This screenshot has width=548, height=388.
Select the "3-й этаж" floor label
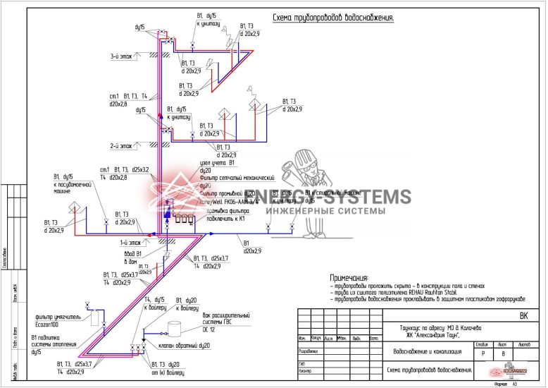(x=121, y=56)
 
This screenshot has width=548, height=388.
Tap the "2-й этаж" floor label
(x=121, y=146)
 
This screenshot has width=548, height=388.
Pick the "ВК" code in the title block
(x=523, y=317)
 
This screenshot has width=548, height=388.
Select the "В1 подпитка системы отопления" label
(x=49, y=344)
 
